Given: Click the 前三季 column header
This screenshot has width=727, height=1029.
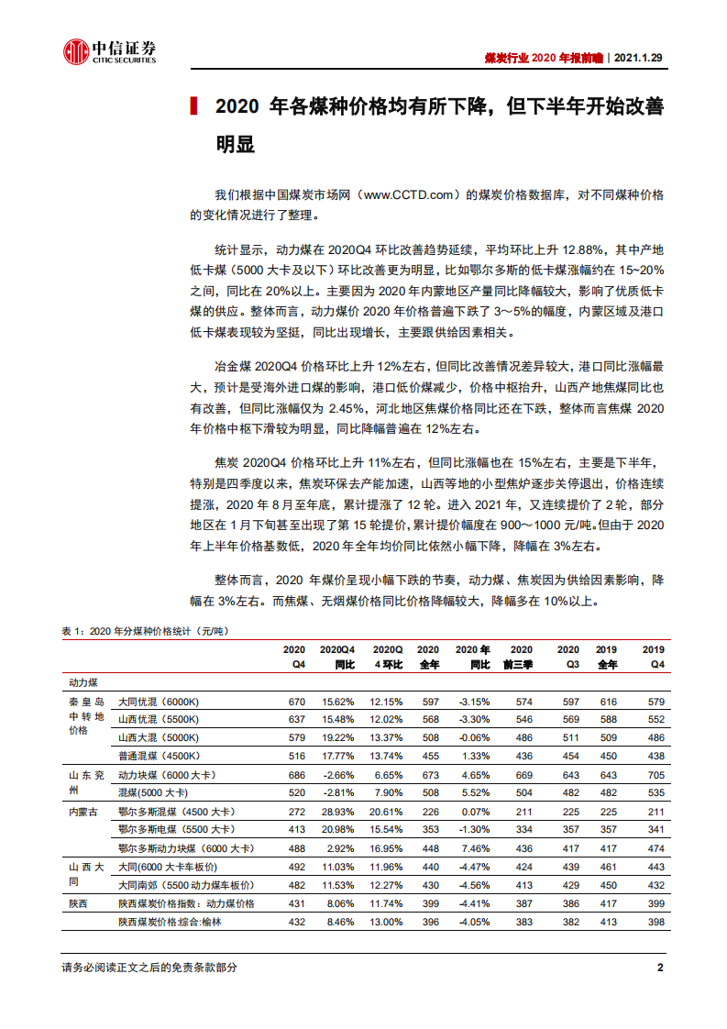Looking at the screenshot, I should click(521, 663).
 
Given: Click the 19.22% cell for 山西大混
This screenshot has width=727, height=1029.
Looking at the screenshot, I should click(338, 737).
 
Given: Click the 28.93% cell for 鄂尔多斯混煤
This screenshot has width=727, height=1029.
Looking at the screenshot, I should click(338, 812).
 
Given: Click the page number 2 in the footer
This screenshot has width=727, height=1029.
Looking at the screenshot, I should click(660, 968).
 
